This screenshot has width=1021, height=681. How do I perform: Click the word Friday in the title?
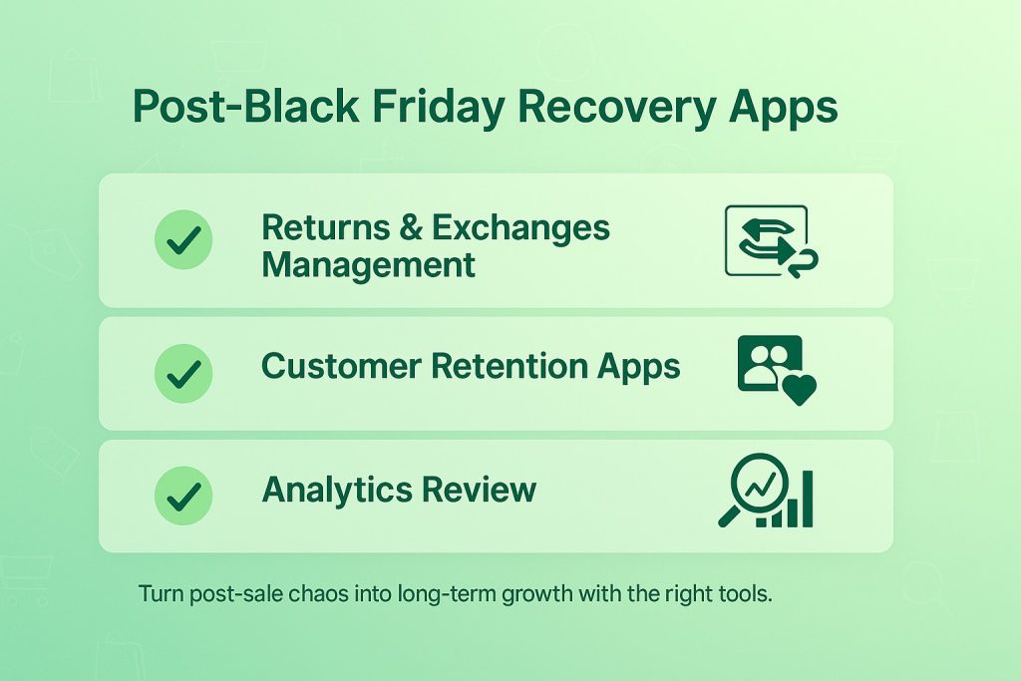[439, 108]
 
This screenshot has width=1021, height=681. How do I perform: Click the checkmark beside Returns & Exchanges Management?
[183, 239]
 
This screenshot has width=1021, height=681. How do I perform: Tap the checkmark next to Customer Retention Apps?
[183, 374]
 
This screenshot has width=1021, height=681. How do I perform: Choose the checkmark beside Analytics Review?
[183, 497]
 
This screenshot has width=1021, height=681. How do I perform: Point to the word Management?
[369, 266]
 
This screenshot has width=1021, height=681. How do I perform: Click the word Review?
[479, 489]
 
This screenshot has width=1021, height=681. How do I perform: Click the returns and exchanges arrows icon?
[772, 241]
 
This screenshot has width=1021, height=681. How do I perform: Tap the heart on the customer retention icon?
[799, 389]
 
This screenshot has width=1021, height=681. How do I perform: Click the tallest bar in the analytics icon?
[808, 499]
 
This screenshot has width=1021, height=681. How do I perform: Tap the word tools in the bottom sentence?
[746, 594]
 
